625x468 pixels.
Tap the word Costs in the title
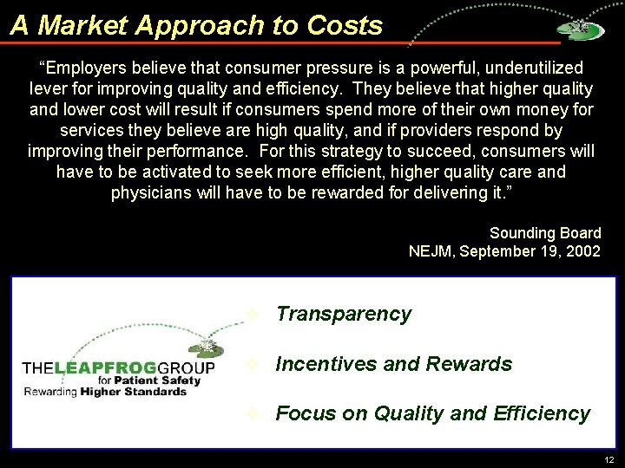(x=345, y=25)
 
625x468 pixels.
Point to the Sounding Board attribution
(x=545, y=232)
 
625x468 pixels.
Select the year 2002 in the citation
(x=582, y=251)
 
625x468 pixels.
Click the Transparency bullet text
(x=343, y=314)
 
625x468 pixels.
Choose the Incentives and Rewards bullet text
(x=393, y=364)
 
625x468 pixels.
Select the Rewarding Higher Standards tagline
(x=105, y=392)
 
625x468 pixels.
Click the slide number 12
(x=608, y=458)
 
